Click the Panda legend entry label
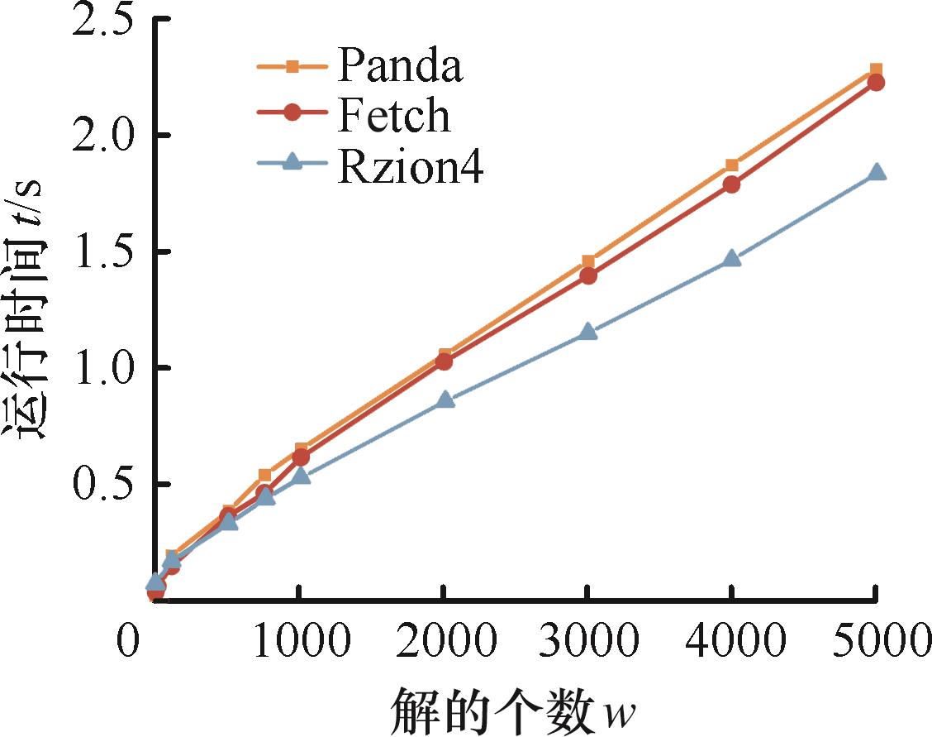[x=399, y=68]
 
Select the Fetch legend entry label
[x=394, y=116]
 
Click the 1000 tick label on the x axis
[x=300, y=642]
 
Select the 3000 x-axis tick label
[x=587, y=642]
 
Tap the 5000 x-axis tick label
[x=874, y=642]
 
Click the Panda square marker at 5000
[x=876, y=70]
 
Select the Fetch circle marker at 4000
[x=731, y=184]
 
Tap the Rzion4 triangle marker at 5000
[x=876, y=172]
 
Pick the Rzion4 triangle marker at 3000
[x=587, y=332]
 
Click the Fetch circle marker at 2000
[x=444, y=361]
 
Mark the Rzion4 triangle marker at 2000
[x=445, y=400]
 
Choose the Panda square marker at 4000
[x=731, y=165]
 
